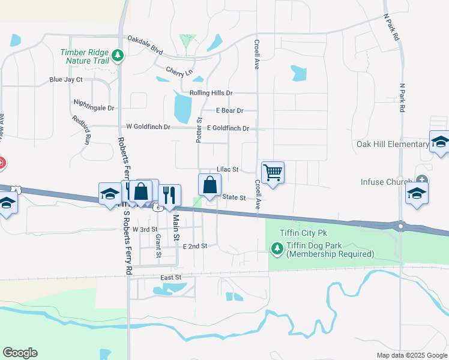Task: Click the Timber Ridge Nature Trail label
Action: point(85,56)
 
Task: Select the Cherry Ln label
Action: point(179,71)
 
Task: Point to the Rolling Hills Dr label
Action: point(211,93)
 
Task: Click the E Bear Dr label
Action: point(229,110)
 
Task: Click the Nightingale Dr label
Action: point(93,108)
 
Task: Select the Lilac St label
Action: point(228,170)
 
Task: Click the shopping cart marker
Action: point(273,173)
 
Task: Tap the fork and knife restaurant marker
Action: point(169,194)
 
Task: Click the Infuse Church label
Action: point(386,182)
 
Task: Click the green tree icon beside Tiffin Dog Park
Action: point(277,247)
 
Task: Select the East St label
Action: point(170,277)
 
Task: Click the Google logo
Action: point(20,353)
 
